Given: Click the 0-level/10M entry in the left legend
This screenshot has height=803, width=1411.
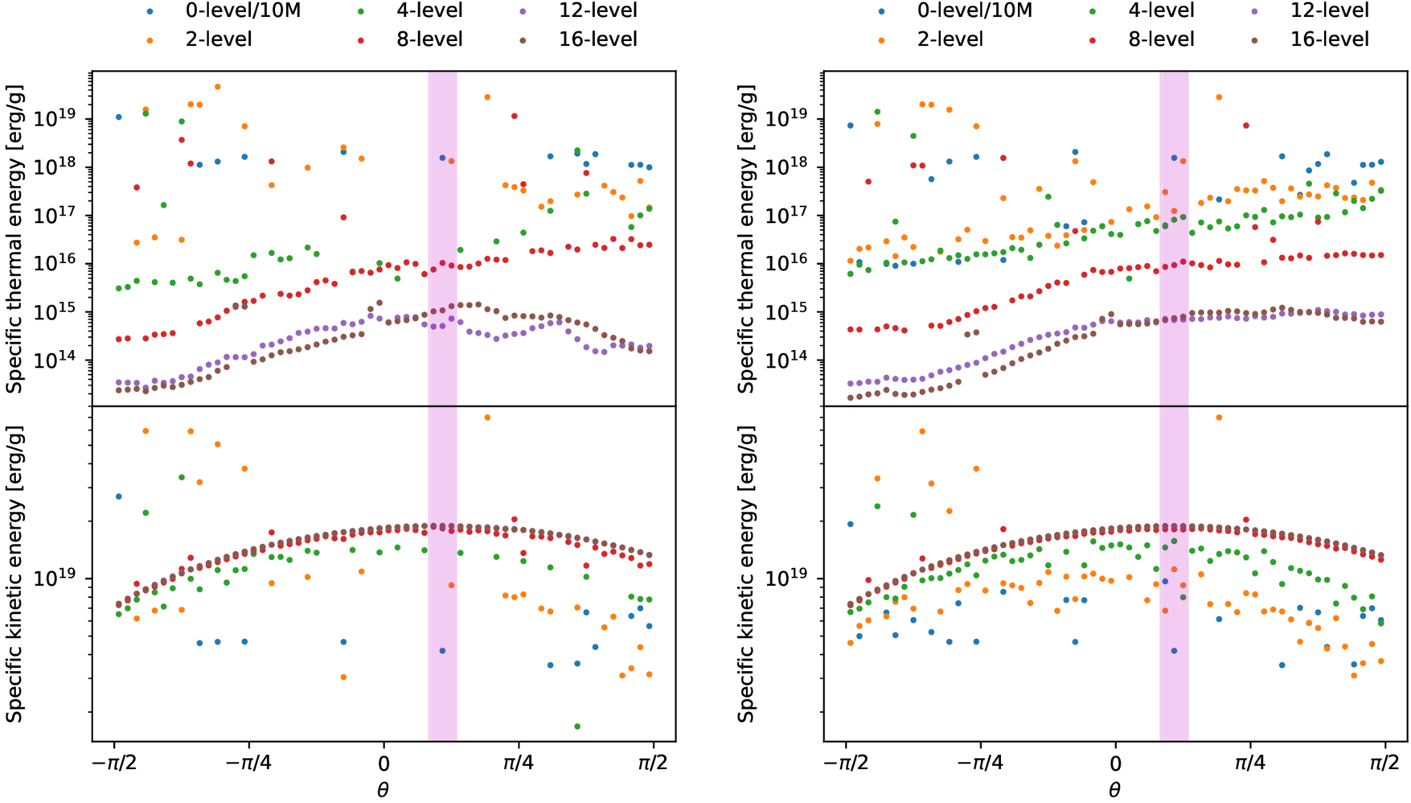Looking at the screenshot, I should [242, 10].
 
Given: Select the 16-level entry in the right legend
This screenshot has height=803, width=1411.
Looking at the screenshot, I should [1329, 39].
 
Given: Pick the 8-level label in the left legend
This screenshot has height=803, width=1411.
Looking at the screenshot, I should [429, 39].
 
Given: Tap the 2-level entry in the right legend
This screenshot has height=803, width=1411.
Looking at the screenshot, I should [950, 39].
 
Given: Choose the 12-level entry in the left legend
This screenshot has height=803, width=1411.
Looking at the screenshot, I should [597, 10].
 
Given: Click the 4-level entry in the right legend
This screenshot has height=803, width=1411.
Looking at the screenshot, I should [1161, 10].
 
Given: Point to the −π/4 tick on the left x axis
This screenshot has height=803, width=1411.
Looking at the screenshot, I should [248, 761].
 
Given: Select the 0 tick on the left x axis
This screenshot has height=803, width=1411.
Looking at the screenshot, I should [384, 761].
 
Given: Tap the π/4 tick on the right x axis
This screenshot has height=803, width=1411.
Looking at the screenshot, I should [1249, 761].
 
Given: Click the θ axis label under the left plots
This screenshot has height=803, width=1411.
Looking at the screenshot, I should [383, 790].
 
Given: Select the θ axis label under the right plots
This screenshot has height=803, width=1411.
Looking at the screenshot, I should [1114, 790].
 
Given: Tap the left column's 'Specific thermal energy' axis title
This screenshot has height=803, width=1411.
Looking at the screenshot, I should [15, 238].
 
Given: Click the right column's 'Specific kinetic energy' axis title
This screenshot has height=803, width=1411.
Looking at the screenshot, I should [747, 574].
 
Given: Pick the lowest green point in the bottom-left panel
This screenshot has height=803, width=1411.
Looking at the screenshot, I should [577, 727].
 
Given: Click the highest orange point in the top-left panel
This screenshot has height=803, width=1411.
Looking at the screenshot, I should [218, 87].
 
